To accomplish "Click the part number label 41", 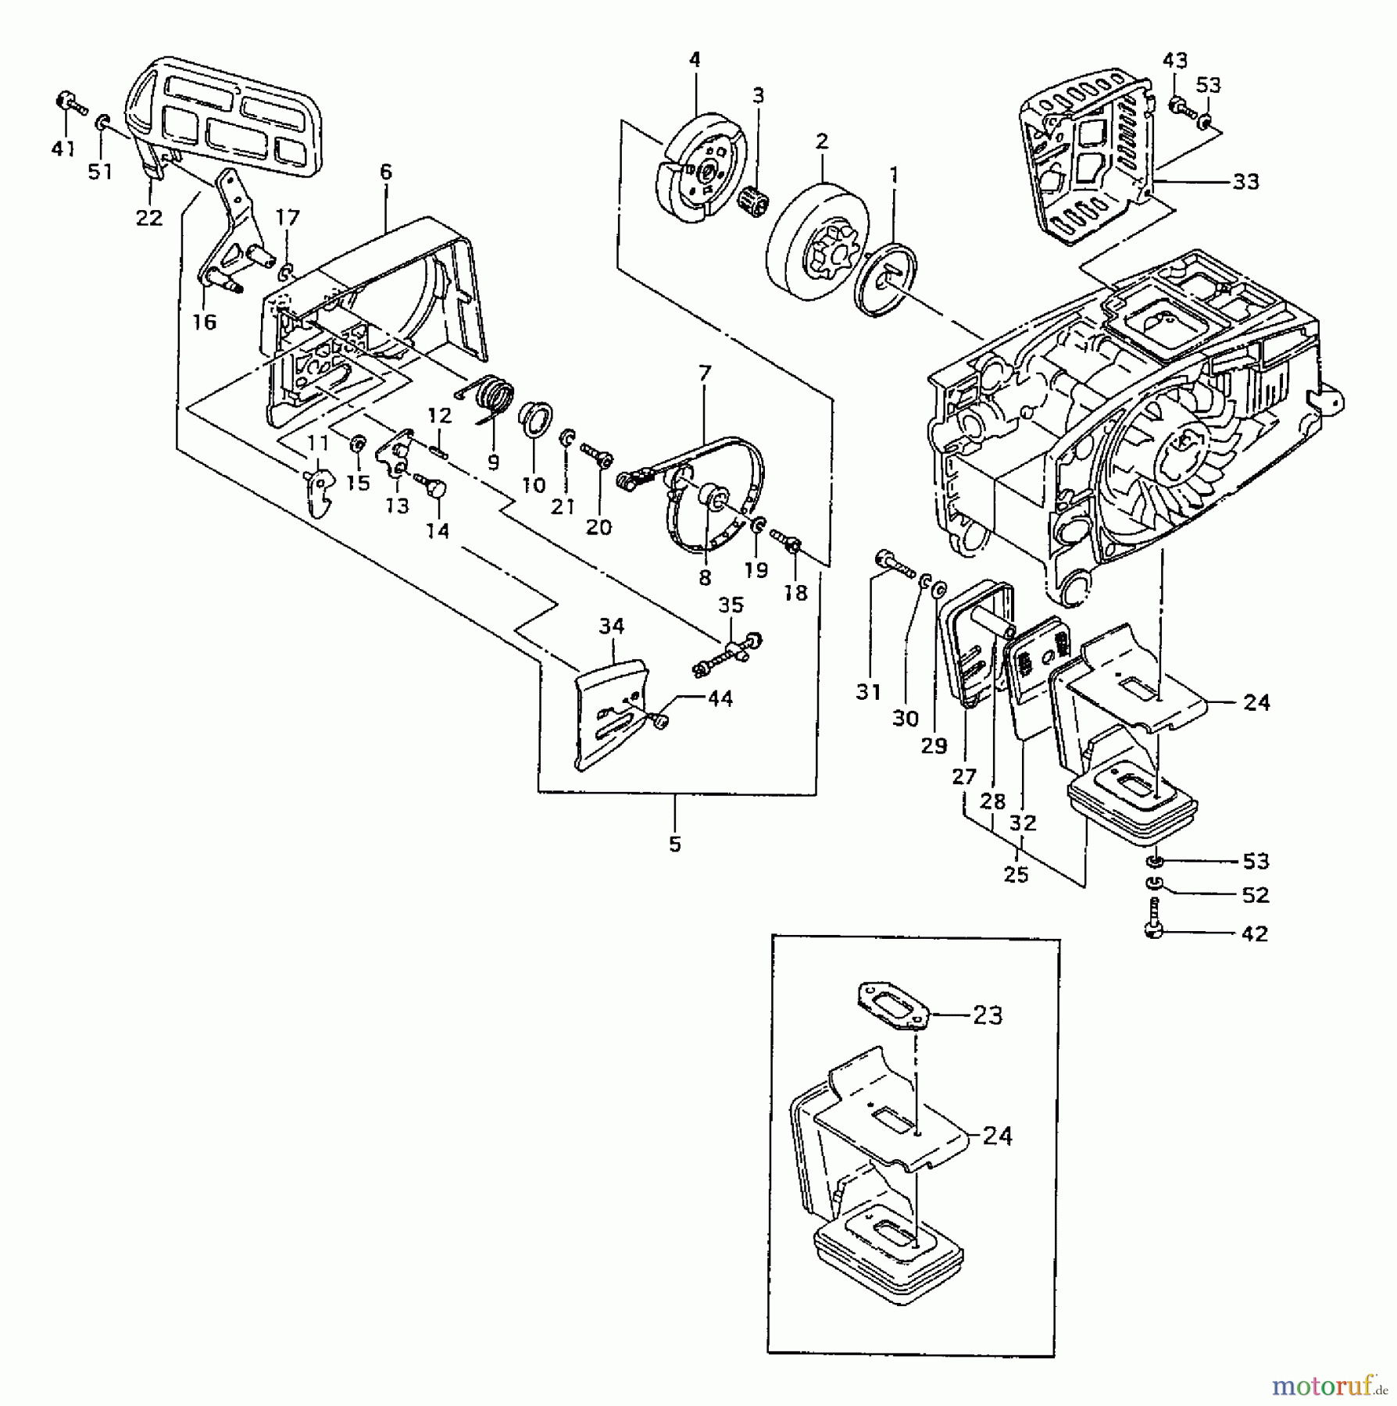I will (63, 148).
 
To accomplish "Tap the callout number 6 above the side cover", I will (385, 172).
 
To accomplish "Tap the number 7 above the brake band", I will (705, 373).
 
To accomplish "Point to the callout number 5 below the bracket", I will (675, 844).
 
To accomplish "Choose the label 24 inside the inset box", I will (997, 1136).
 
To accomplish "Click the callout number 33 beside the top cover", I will (1246, 181).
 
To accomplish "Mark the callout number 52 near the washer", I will (1255, 894).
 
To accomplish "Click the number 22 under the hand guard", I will (148, 217).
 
